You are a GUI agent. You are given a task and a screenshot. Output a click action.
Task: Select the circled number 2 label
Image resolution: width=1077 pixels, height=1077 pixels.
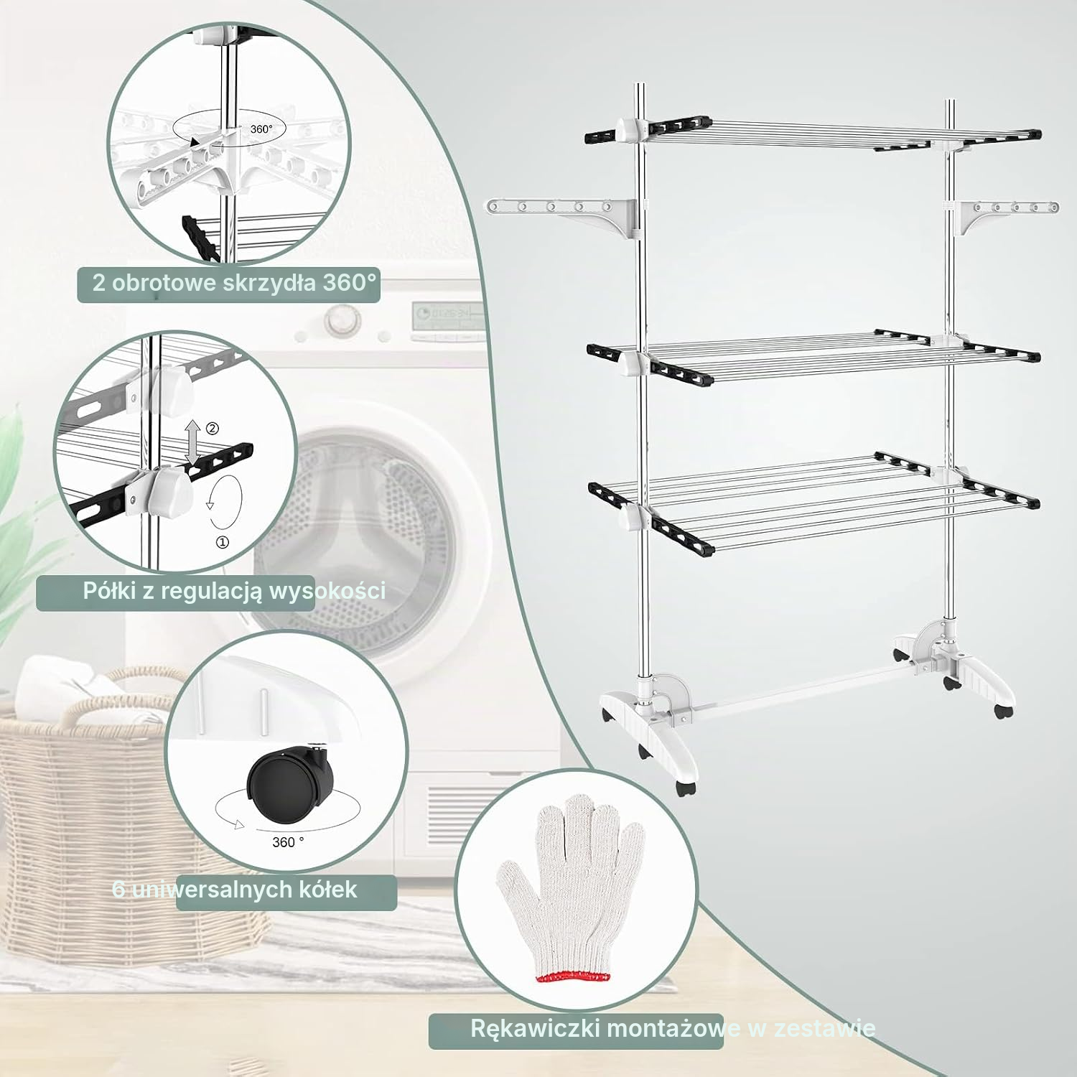point(213,429)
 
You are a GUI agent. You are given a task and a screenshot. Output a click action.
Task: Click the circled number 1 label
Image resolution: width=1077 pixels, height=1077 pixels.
point(223,543)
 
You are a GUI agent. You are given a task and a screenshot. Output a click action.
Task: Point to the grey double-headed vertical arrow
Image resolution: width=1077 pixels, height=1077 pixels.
point(192,444)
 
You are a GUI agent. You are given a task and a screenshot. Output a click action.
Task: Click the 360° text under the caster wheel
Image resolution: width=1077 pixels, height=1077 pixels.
point(288,841)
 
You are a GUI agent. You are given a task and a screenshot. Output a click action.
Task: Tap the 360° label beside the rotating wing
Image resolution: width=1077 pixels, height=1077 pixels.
point(261,129)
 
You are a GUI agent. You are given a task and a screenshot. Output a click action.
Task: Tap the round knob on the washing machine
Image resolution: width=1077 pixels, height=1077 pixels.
point(341,320)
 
